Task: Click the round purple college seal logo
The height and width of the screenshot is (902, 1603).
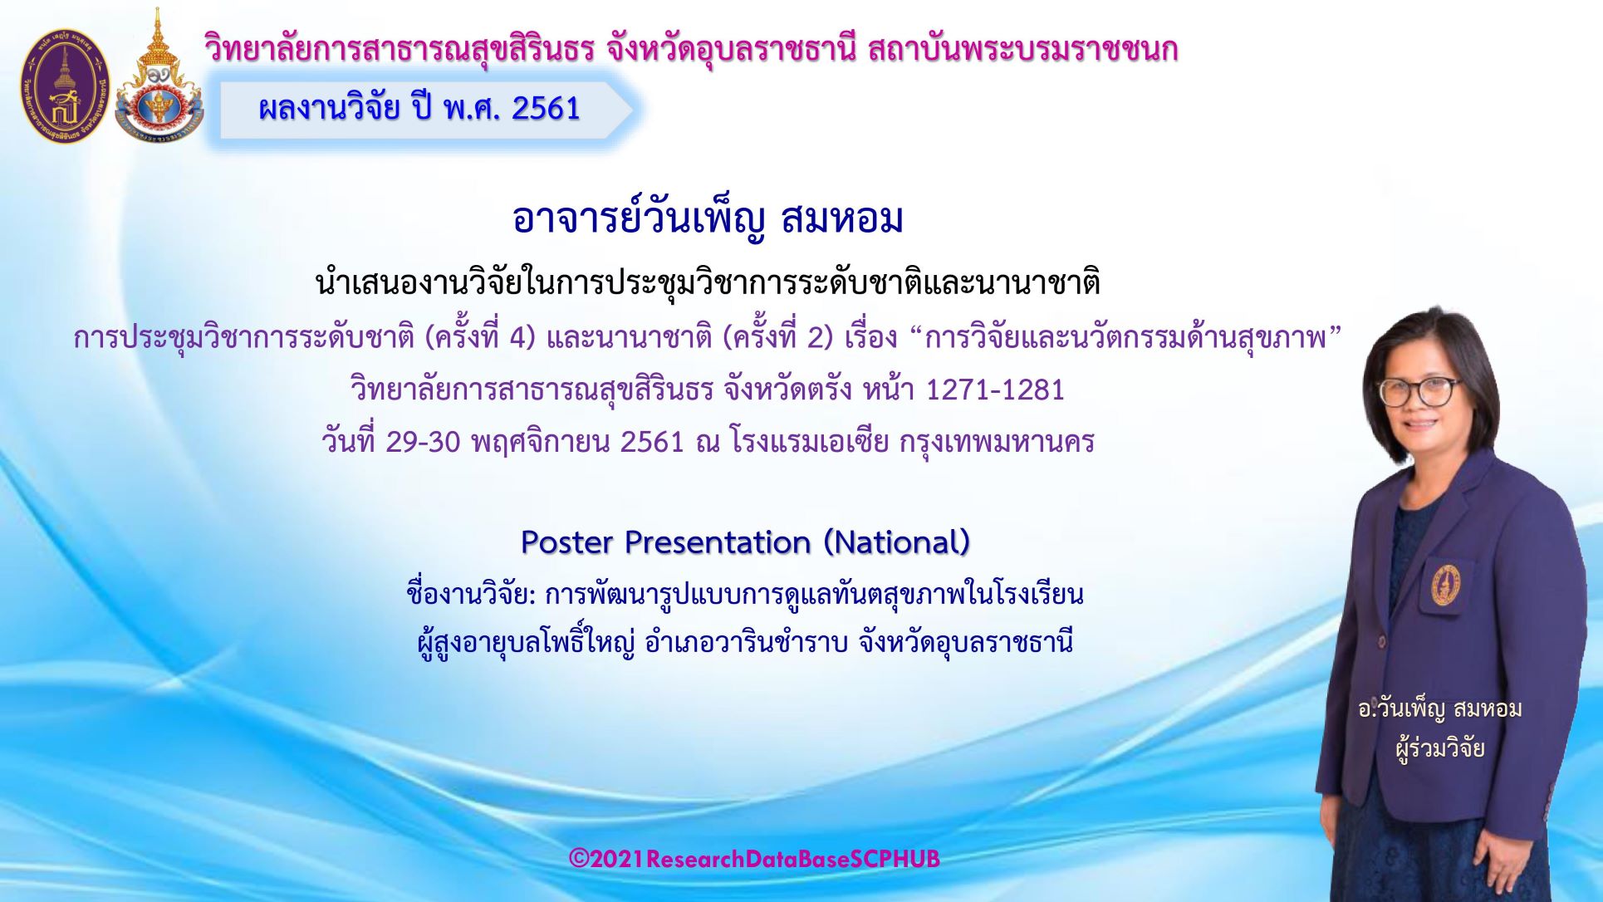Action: (65, 86)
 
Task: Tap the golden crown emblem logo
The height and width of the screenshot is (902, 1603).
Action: (159, 76)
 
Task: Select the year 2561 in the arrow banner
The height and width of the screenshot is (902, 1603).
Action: (546, 109)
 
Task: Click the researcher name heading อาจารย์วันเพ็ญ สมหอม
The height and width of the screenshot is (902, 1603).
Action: (708, 219)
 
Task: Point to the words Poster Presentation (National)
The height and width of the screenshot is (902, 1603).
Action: (746, 542)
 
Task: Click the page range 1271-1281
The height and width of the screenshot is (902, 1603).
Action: (995, 390)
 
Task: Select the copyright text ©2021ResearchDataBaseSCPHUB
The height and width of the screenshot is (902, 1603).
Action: (754, 859)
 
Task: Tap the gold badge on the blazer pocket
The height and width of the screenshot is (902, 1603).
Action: (1446, 584)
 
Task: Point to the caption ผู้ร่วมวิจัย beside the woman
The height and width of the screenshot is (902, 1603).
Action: (1440, 748)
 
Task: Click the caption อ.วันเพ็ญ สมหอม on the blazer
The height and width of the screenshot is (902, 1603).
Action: (1440, 709)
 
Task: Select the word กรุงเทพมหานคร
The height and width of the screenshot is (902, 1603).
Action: (997, 442)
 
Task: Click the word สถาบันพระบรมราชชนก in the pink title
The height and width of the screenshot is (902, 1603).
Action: (1022, 50)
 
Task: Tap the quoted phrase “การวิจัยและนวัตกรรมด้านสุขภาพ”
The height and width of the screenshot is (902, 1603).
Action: (1126, 338)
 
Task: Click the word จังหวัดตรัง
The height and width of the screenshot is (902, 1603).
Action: (787, 390)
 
